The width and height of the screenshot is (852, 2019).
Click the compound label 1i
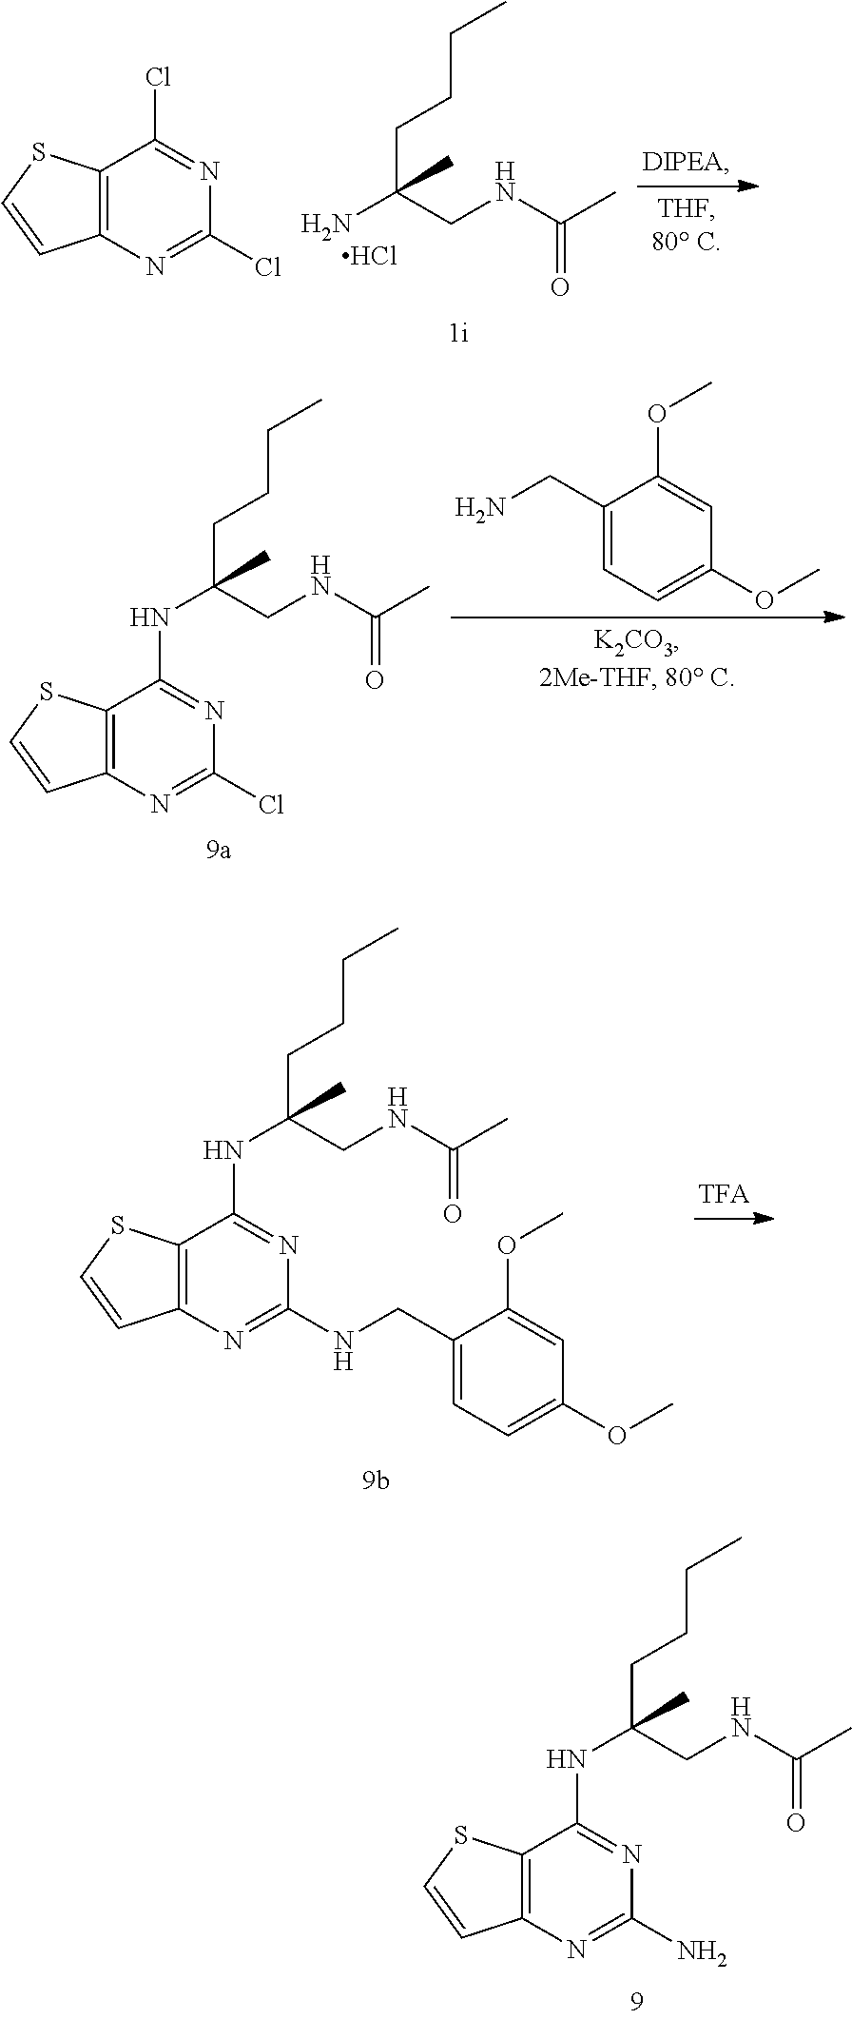coord(459,334)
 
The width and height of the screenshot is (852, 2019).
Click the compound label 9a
coord(219,850)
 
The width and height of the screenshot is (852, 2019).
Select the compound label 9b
coord(376,1481)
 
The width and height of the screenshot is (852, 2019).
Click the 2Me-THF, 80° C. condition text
coord(636,678)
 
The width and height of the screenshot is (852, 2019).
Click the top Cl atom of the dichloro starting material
coord(158,76)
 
